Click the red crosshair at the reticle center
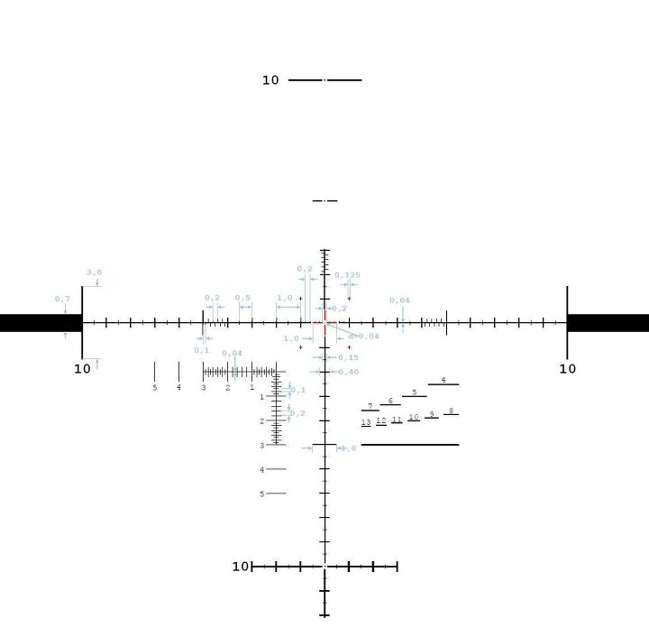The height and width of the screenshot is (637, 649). click(x=324, y=322)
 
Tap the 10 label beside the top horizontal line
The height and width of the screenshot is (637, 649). click(x=270, y=80)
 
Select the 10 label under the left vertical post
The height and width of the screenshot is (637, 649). click(x=82, y=368)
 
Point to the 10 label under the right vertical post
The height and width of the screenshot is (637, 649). click(x=567, y=368)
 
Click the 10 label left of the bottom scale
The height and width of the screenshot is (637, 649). click(x=240, y=567)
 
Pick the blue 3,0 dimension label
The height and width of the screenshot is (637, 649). click(x=94, y=272)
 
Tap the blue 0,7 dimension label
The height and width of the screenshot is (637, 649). click(x=62, y=299)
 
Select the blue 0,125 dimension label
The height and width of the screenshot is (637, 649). click(x=347, y=275)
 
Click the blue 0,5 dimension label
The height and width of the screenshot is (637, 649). click(x=243, y=298)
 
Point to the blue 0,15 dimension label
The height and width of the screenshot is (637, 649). click(x=348, y=358)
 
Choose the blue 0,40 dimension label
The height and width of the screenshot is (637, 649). click(x=348, y=372)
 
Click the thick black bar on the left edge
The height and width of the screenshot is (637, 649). click(x=41, y=322)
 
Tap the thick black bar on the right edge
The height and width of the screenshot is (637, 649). click(x=608, y=322)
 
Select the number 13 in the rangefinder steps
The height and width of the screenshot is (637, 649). click(x=366, y=422)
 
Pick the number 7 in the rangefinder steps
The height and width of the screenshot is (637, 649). click(x=370, y=406)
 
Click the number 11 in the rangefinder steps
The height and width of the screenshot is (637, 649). click(x=397, y=420)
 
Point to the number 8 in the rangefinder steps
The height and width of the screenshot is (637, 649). click(x=451, y=411)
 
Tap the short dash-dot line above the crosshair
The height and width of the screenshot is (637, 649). click(x=324, y=200)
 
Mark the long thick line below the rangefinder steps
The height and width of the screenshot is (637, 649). click(x=410, y=444)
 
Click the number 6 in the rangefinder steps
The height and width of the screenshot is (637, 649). click(x=390, y=401)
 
